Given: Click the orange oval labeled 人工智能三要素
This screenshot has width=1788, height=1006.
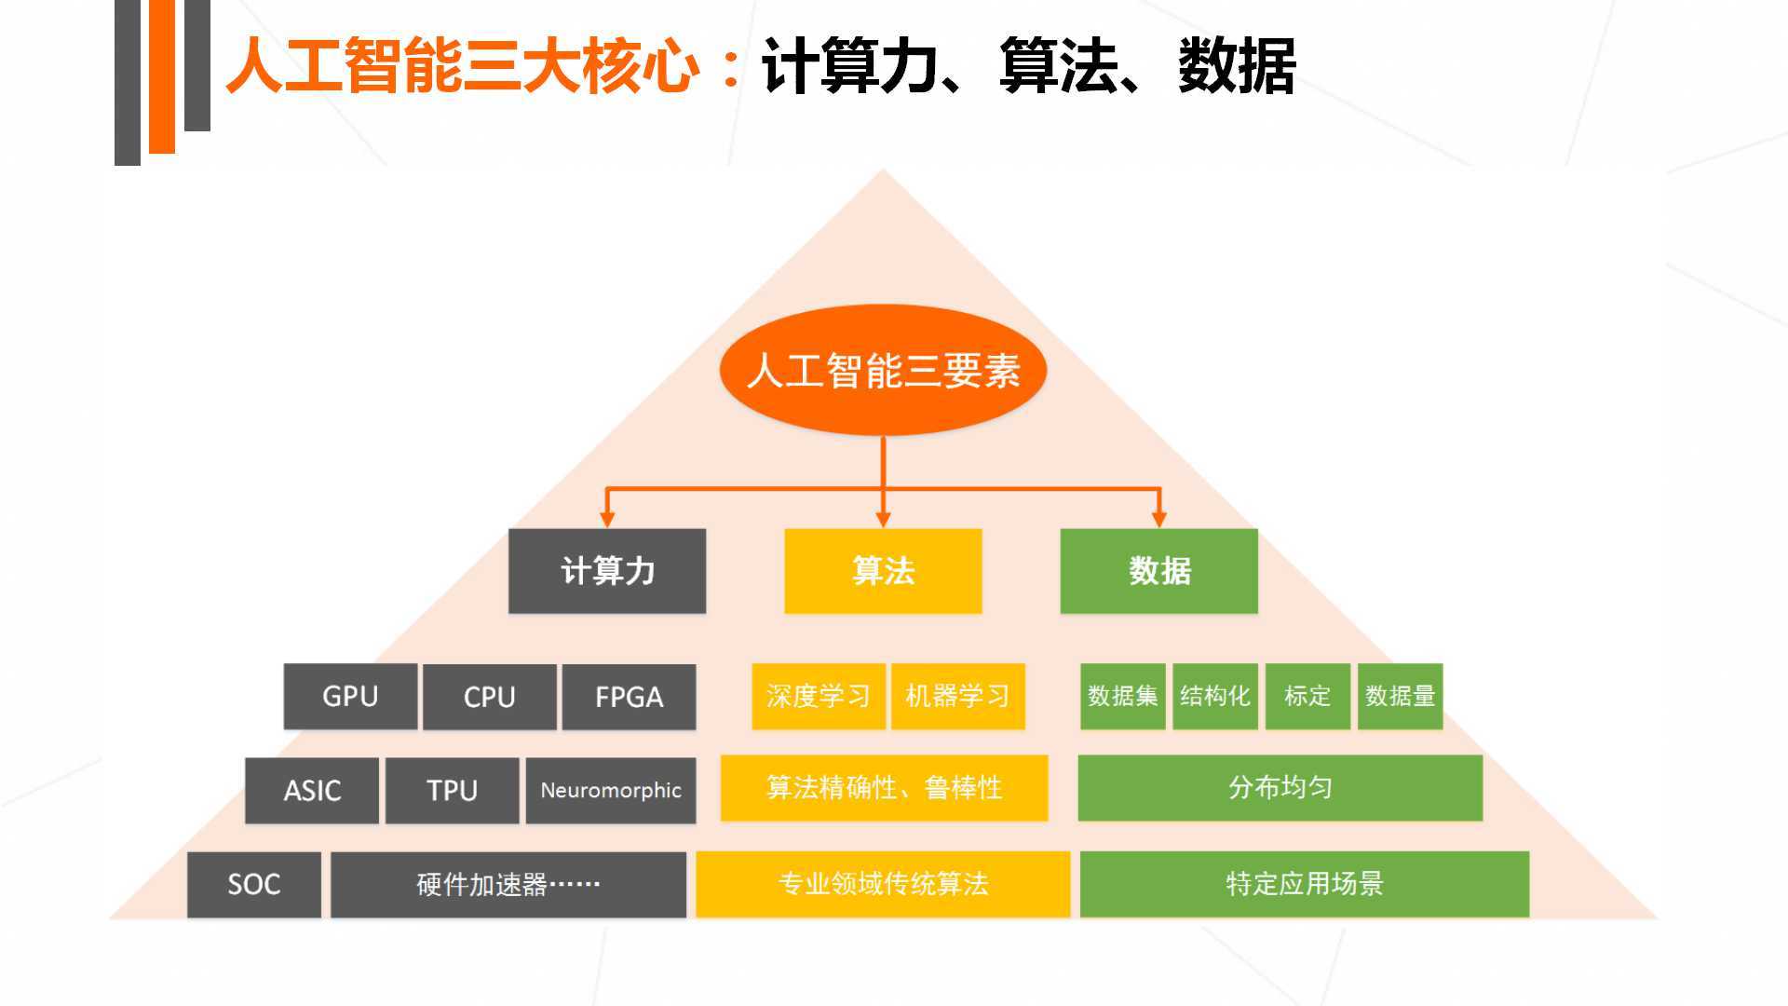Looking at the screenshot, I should pyautogui.click(x=883, y=370).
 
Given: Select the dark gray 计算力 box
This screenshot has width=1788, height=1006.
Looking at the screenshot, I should pyautogui.click(x=607, y=571).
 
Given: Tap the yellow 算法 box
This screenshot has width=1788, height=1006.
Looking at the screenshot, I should pyautogui.click(x=883, y=571).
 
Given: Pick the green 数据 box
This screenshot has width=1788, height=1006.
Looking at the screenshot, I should pyautogui.click(x=1158, y=571).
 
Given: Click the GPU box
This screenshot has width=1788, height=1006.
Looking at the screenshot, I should pyautogui.click(x=350, y=697).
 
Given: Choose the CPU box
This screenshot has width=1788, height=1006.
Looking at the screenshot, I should pyautogui.click(x=489, y=697).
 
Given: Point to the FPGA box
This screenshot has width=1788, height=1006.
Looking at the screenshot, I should pyautogui.click(x=629, y=697).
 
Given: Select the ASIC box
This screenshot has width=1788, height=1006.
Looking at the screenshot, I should pyautogui.click(x=312, y=790).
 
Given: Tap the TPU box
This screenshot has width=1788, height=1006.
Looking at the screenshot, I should pyautogui.click(x=452, y=790).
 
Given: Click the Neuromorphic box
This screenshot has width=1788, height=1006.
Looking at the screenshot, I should pyautogui.click(x=611, y=790).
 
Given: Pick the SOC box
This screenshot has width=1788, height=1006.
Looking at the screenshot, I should pyautogui.click(x=253, y=884).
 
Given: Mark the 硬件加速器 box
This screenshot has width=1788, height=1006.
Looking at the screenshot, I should pyautogui.click(x=508, y=884).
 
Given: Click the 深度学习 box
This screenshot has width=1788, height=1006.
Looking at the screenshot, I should pyautogui.click(x=818, y=696).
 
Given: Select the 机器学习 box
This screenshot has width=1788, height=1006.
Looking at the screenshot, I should pyautogui.click(x=957, y=696).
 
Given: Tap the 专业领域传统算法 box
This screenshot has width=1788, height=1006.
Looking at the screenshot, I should pyautogui.click(x=883, y=884).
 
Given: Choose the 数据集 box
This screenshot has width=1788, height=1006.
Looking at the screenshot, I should pyautogui.click(x=1122, y=696).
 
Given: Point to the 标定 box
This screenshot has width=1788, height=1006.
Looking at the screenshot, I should pyautogui.click(x=1307, y=696).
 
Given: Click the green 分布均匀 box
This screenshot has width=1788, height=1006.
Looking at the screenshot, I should pyautogui.click(x=1280, y=788).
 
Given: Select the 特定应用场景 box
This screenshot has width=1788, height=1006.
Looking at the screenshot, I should pyautogui.click(x=1304, y=884).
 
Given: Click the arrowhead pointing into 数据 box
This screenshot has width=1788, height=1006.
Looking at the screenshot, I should pyautogui.click(x=1158, y=519).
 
